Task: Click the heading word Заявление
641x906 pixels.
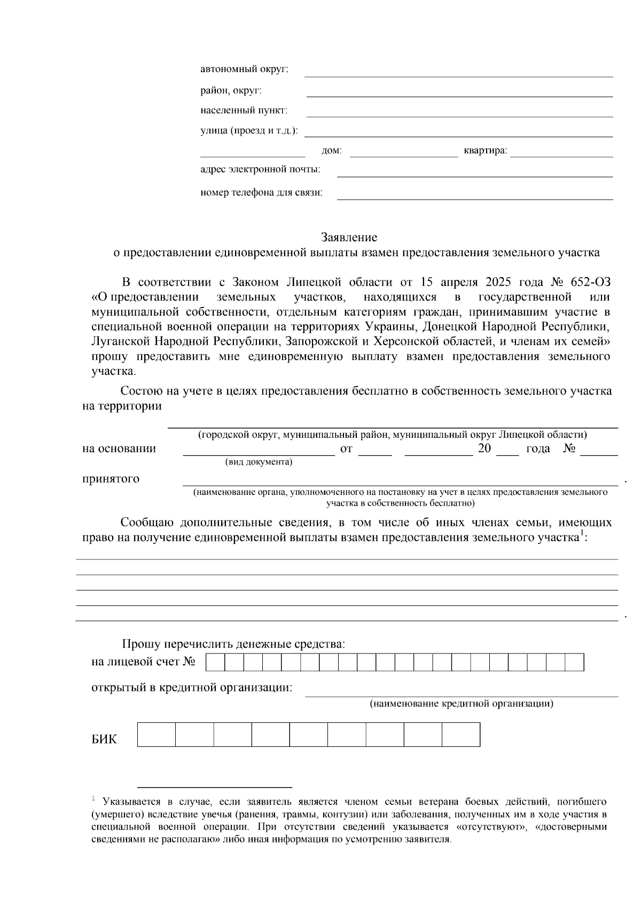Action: (349, 237)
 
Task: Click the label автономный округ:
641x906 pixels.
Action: (244, 69)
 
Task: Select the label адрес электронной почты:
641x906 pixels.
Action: (260, 170)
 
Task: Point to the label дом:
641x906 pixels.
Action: (331, 151)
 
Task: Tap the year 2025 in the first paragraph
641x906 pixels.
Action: (499, 282)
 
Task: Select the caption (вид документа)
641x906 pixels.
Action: (259, 462)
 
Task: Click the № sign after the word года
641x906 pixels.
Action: (569, 448)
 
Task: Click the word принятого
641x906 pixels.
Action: (111, 478)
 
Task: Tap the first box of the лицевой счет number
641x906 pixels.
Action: (215, 662)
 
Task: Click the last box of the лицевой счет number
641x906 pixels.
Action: (574, 662)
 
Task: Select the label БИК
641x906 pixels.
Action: (104, 740)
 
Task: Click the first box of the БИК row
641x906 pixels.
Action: (157, 735)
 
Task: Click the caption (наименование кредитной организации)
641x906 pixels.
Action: (462, 704)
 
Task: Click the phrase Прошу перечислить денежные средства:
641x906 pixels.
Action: (233, 644)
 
